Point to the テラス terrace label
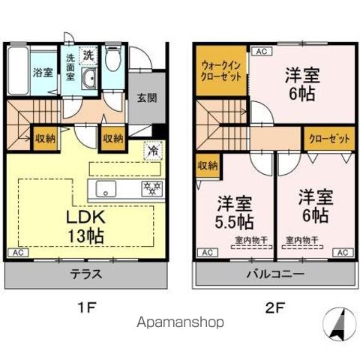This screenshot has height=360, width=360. coord(86,275)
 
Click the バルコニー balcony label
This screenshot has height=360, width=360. coord(273,275)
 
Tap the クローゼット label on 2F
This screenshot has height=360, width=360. coord(328,139)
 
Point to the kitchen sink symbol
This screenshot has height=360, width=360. coord(104,187)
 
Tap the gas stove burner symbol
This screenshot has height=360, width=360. coord(153,187)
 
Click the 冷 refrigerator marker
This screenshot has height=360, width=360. coord(153,150)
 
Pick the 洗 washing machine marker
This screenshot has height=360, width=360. coord(89,55)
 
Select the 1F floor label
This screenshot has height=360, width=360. coord(86,306)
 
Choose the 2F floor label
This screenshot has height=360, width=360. coord(273,306)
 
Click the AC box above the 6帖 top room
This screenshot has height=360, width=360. coord(260,51)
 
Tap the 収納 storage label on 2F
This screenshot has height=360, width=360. coord(207,165)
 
